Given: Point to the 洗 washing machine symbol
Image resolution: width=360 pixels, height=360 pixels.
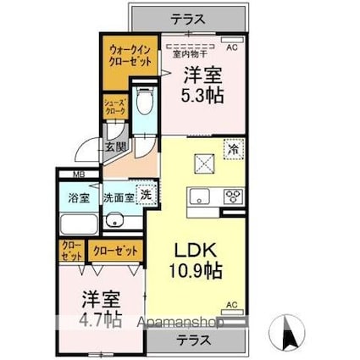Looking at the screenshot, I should (146, 194).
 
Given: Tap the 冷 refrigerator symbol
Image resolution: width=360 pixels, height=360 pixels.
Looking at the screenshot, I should (233, 148).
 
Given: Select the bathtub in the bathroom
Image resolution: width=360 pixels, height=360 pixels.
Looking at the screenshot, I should (79, 224).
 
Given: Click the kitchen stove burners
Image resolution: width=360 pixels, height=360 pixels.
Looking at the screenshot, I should (231, 197).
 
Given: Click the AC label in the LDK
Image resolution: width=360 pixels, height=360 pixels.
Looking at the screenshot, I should (230, 304).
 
